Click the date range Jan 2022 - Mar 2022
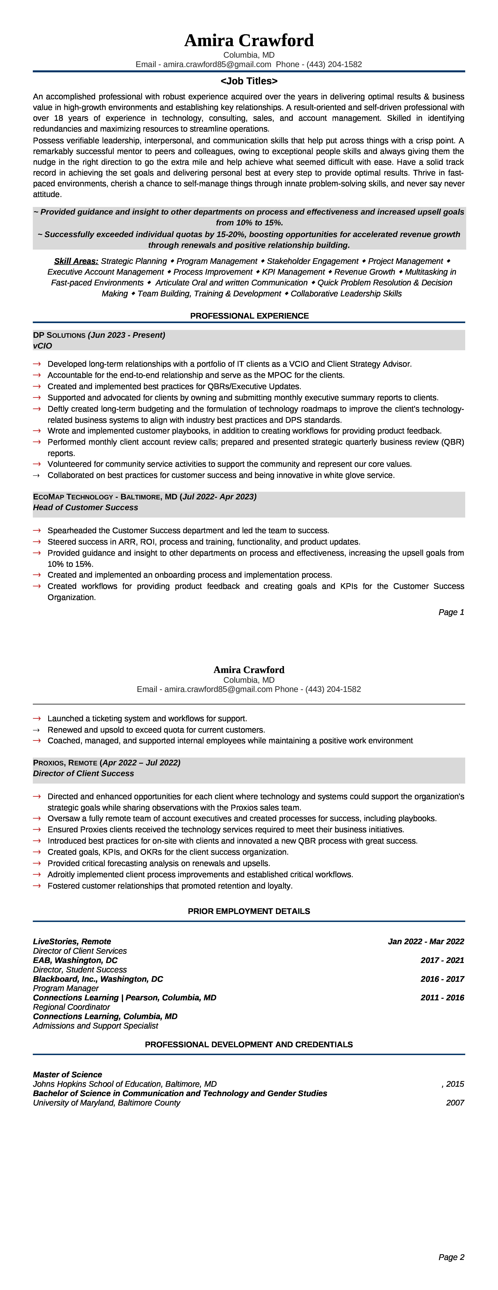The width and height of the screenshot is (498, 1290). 426,942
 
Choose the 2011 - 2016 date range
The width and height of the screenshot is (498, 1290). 442,998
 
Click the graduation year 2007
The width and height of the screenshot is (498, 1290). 455,1103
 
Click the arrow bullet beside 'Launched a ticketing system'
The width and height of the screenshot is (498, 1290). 37,719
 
